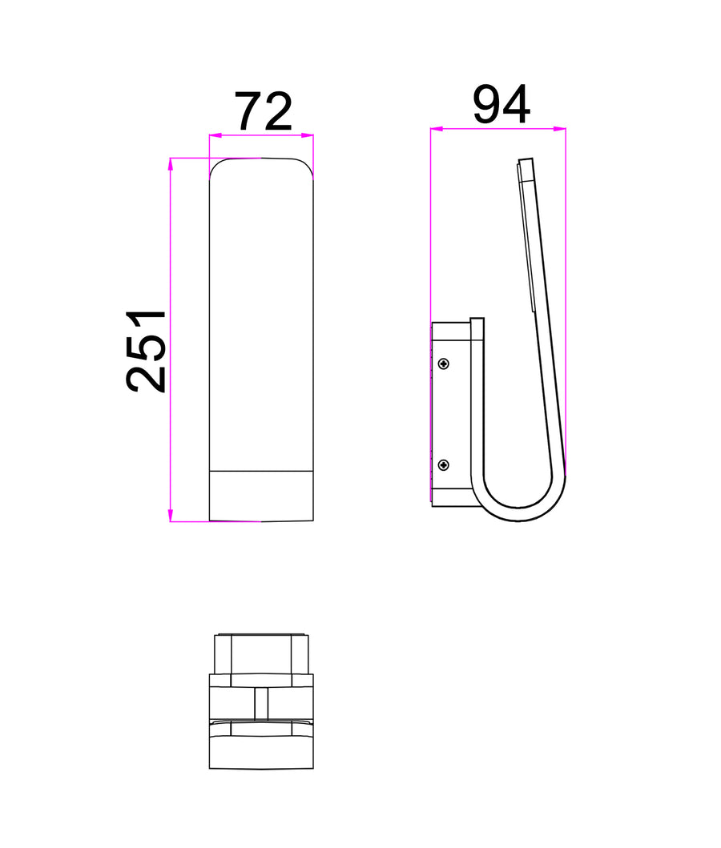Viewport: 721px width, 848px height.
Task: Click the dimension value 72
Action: point(263,112)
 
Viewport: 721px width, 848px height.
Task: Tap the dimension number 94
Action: point(501,105)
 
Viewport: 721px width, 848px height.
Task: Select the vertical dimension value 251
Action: point(147,350)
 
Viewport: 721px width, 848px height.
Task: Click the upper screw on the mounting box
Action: point(444,364)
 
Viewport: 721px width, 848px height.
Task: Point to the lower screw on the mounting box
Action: point(444,465)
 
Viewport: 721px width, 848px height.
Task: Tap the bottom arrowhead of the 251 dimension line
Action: point(171,516)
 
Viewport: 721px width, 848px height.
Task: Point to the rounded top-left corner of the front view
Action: point(215,165)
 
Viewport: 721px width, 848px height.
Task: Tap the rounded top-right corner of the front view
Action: point(308,165)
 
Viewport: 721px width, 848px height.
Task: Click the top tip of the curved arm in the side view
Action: point(526,161)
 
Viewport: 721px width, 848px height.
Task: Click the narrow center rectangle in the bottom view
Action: point(261,704)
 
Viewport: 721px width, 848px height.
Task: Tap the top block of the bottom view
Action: point(261,653)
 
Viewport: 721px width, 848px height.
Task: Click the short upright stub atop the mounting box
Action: point(477,336)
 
